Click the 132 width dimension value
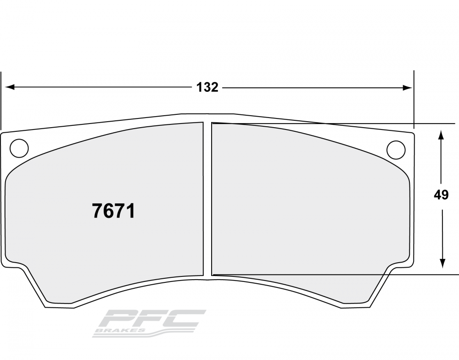(x=207, y=87)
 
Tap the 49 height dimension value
(x=441, y=195)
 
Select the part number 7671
(x=113, y=211)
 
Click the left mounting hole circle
(x=19, y=148)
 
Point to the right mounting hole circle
(x=396, y=150)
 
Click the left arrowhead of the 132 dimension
(x=10, y=87)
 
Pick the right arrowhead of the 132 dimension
(x=408, y=87)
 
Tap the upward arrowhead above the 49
(x=442, y=135)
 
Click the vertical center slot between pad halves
(x=207, y=199)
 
